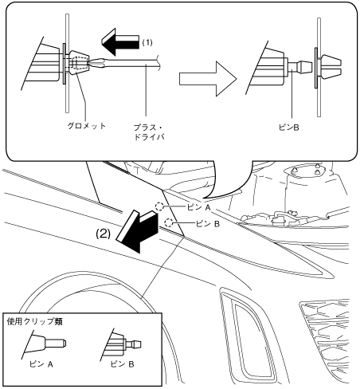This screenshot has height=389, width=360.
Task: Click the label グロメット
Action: [87, 126]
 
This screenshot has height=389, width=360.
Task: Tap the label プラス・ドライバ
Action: [148, 132]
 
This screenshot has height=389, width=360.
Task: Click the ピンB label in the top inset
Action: [289, 128]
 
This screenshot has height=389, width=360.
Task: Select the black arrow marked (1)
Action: [120, 41]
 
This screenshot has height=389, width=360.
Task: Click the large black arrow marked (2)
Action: [138, 230]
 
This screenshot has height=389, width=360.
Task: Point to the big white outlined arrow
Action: [208, 79]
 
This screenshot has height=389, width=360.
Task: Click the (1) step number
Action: [147, 42]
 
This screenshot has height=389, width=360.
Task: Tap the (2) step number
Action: [103, 234]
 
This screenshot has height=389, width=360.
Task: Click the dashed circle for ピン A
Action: [159, 206]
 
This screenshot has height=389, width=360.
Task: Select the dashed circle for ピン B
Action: [169, 222]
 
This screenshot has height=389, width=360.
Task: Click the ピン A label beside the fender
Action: [199, 207]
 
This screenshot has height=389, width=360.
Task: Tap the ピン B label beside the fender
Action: [208, 224]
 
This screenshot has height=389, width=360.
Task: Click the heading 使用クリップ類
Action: [34, 322]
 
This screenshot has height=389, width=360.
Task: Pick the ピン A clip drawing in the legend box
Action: [44, 344]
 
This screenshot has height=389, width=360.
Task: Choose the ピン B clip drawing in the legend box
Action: [121, 344]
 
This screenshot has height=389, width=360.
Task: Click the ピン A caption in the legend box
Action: [41, 364]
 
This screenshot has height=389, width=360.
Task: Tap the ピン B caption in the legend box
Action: [123, 364]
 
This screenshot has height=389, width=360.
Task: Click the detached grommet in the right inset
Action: [330, 67]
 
